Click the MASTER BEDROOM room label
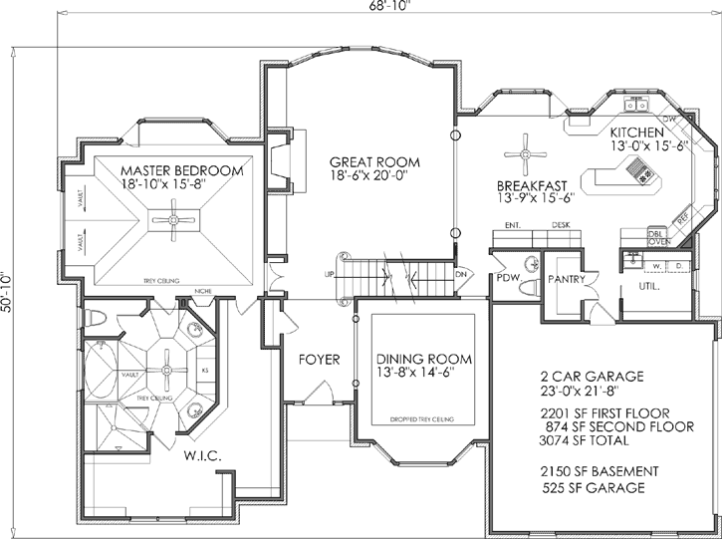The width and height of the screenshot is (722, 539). pos(180,170)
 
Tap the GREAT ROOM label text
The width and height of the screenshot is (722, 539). pos(374,162)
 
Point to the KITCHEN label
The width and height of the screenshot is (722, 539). pos(638,133)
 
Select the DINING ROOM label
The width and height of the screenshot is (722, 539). pos(423,359)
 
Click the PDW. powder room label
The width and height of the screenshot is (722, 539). pos(509,279)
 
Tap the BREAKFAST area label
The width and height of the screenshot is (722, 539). pos(533,185)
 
